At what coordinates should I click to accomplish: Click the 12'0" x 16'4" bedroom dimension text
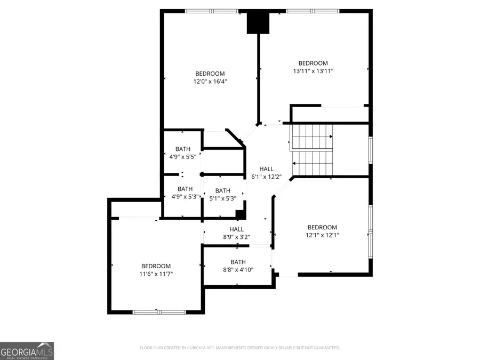(x=210, y=82)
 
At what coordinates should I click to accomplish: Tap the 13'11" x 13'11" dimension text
(x=313, y=71)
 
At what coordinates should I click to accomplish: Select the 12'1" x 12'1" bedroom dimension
(x=322, y=235)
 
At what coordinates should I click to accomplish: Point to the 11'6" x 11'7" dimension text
(x=156, y=274)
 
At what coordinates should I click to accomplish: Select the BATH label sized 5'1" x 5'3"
(x=222, y=190)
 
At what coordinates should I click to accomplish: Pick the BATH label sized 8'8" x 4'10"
(x=238, y=262)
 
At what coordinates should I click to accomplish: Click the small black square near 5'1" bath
(x=241, y=214)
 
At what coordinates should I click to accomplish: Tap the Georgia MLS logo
(x=27, y=351)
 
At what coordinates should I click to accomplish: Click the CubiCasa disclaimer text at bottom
(x=239, y=348)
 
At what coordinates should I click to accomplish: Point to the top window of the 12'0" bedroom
(x=212, y=11)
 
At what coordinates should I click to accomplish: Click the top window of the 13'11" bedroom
(x=313, y=11)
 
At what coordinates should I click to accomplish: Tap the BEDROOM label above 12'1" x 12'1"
(x=322, y=227)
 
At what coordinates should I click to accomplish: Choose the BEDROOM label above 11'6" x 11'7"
(x=156, y=266)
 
